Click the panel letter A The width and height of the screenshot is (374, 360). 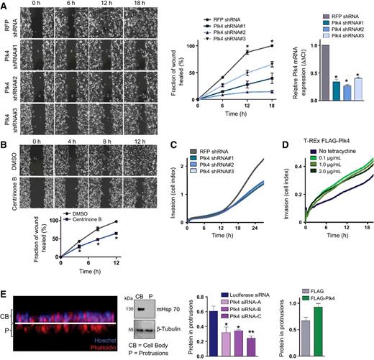click(x=5, y=6)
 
